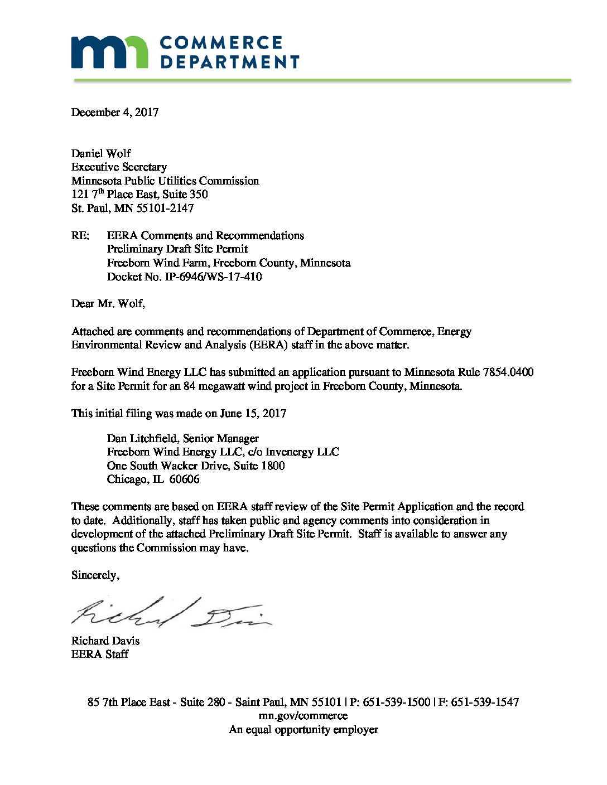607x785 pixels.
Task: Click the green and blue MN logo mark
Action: coord(109,52)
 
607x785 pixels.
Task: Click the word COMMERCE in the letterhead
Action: coord(221,43)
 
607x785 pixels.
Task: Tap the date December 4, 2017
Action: coord(115,112)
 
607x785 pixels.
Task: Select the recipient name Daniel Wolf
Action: coord(101,153)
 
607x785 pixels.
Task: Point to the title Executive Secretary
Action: coord(119,167)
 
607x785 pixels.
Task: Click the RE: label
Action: coord(80,235)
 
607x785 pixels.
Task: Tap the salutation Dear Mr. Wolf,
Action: coord(108,304)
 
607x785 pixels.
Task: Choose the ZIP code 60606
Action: coord(184,479)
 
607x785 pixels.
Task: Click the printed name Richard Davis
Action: coord(105,641)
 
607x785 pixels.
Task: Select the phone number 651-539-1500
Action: coord(397,702)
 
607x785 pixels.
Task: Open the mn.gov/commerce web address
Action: coord(303,716)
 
